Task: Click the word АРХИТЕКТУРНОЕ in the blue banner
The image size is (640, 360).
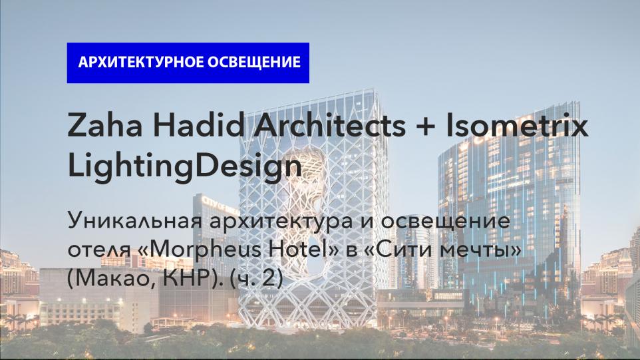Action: pyautogui.click(x=141, y=63)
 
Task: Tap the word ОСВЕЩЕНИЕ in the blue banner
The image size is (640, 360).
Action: pyautogui.click(x=254, y=63)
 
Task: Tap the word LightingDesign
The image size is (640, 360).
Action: pyautogui.click(x=184, y=167)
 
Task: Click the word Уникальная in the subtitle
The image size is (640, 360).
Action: pyautogui.click(x=135, y=221)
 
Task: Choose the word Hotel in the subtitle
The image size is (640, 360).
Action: pyautogui.click(x=303, y=249)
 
